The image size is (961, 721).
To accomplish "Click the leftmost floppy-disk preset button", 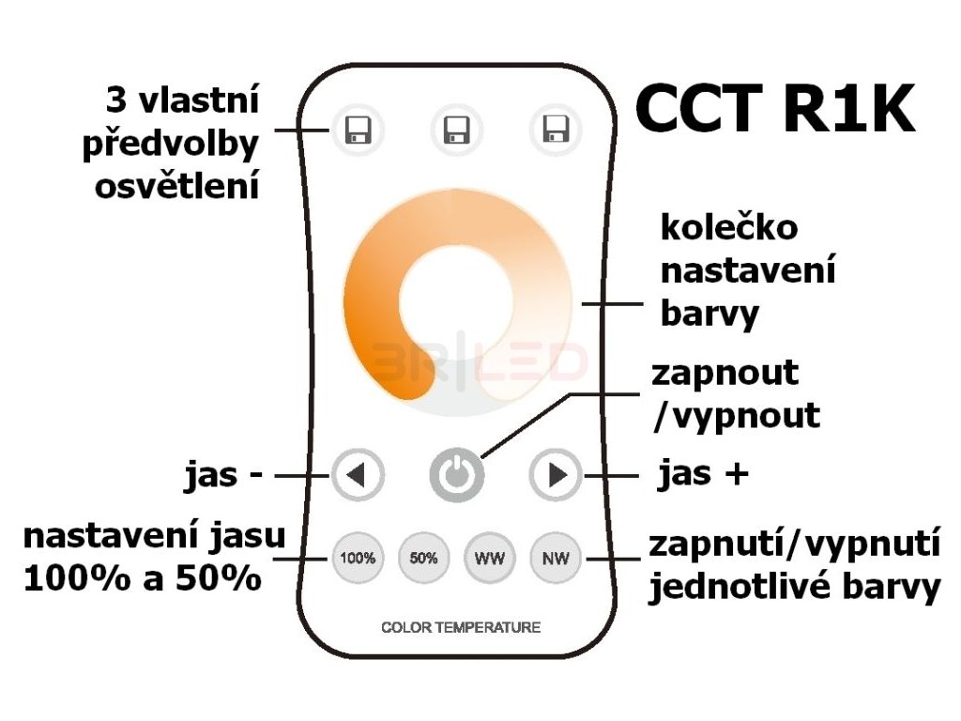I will (358, 129).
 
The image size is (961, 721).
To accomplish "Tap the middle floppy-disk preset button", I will (457, 129).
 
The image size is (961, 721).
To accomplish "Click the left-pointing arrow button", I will (357, 476).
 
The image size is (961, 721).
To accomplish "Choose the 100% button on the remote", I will (358, 558).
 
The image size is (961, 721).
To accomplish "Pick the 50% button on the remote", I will (423, 558).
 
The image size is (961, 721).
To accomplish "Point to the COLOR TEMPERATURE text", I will (461, 626).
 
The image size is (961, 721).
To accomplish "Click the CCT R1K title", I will (774, 110).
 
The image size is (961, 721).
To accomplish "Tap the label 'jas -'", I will (222, 475).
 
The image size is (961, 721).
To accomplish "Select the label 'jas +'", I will (703, 475).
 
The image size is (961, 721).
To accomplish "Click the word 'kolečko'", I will (729, 228).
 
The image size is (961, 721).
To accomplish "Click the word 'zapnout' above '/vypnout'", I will (725, 373).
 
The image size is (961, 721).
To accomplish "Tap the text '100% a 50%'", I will (142, 578).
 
